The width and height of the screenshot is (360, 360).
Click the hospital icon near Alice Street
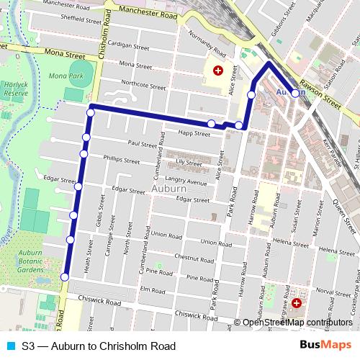pyautogui.click(x=217, y=71)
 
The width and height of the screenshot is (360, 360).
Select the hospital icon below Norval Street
pyautogui.click(x=297, y=294)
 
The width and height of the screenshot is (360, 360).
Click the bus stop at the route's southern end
pyautogui.click(x=65, y=277)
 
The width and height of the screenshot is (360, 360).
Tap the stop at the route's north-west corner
pyautogui.click(x=91, y=109)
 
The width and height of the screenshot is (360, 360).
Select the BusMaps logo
pyautogui.click(x=325, y=345)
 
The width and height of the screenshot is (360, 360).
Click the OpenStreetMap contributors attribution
pyautogui.click(x=297, y=323)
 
